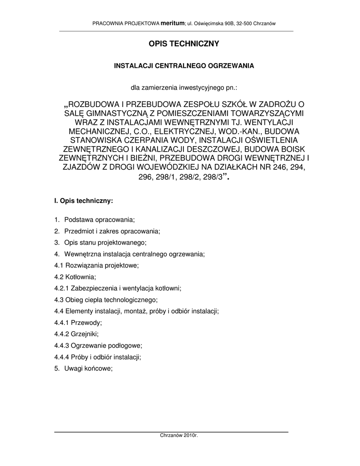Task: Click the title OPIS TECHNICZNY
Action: pyautogui.click(x=184, y=44)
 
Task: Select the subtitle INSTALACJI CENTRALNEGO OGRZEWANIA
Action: pyautogui.click(x=183, y=66)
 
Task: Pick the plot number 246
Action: pyautogui.click(x=284, y=167)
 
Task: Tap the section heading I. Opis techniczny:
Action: pyautogui.click(x=83, y=200)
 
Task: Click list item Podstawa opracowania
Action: pyautogui.click(x=100, y=220)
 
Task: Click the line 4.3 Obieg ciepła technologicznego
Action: pyautogui.click(x=106, y=299)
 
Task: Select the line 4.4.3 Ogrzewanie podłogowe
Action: pyautogui.click(x=98, y=345)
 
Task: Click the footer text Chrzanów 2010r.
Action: pyautogui.click(x=179, y=436)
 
